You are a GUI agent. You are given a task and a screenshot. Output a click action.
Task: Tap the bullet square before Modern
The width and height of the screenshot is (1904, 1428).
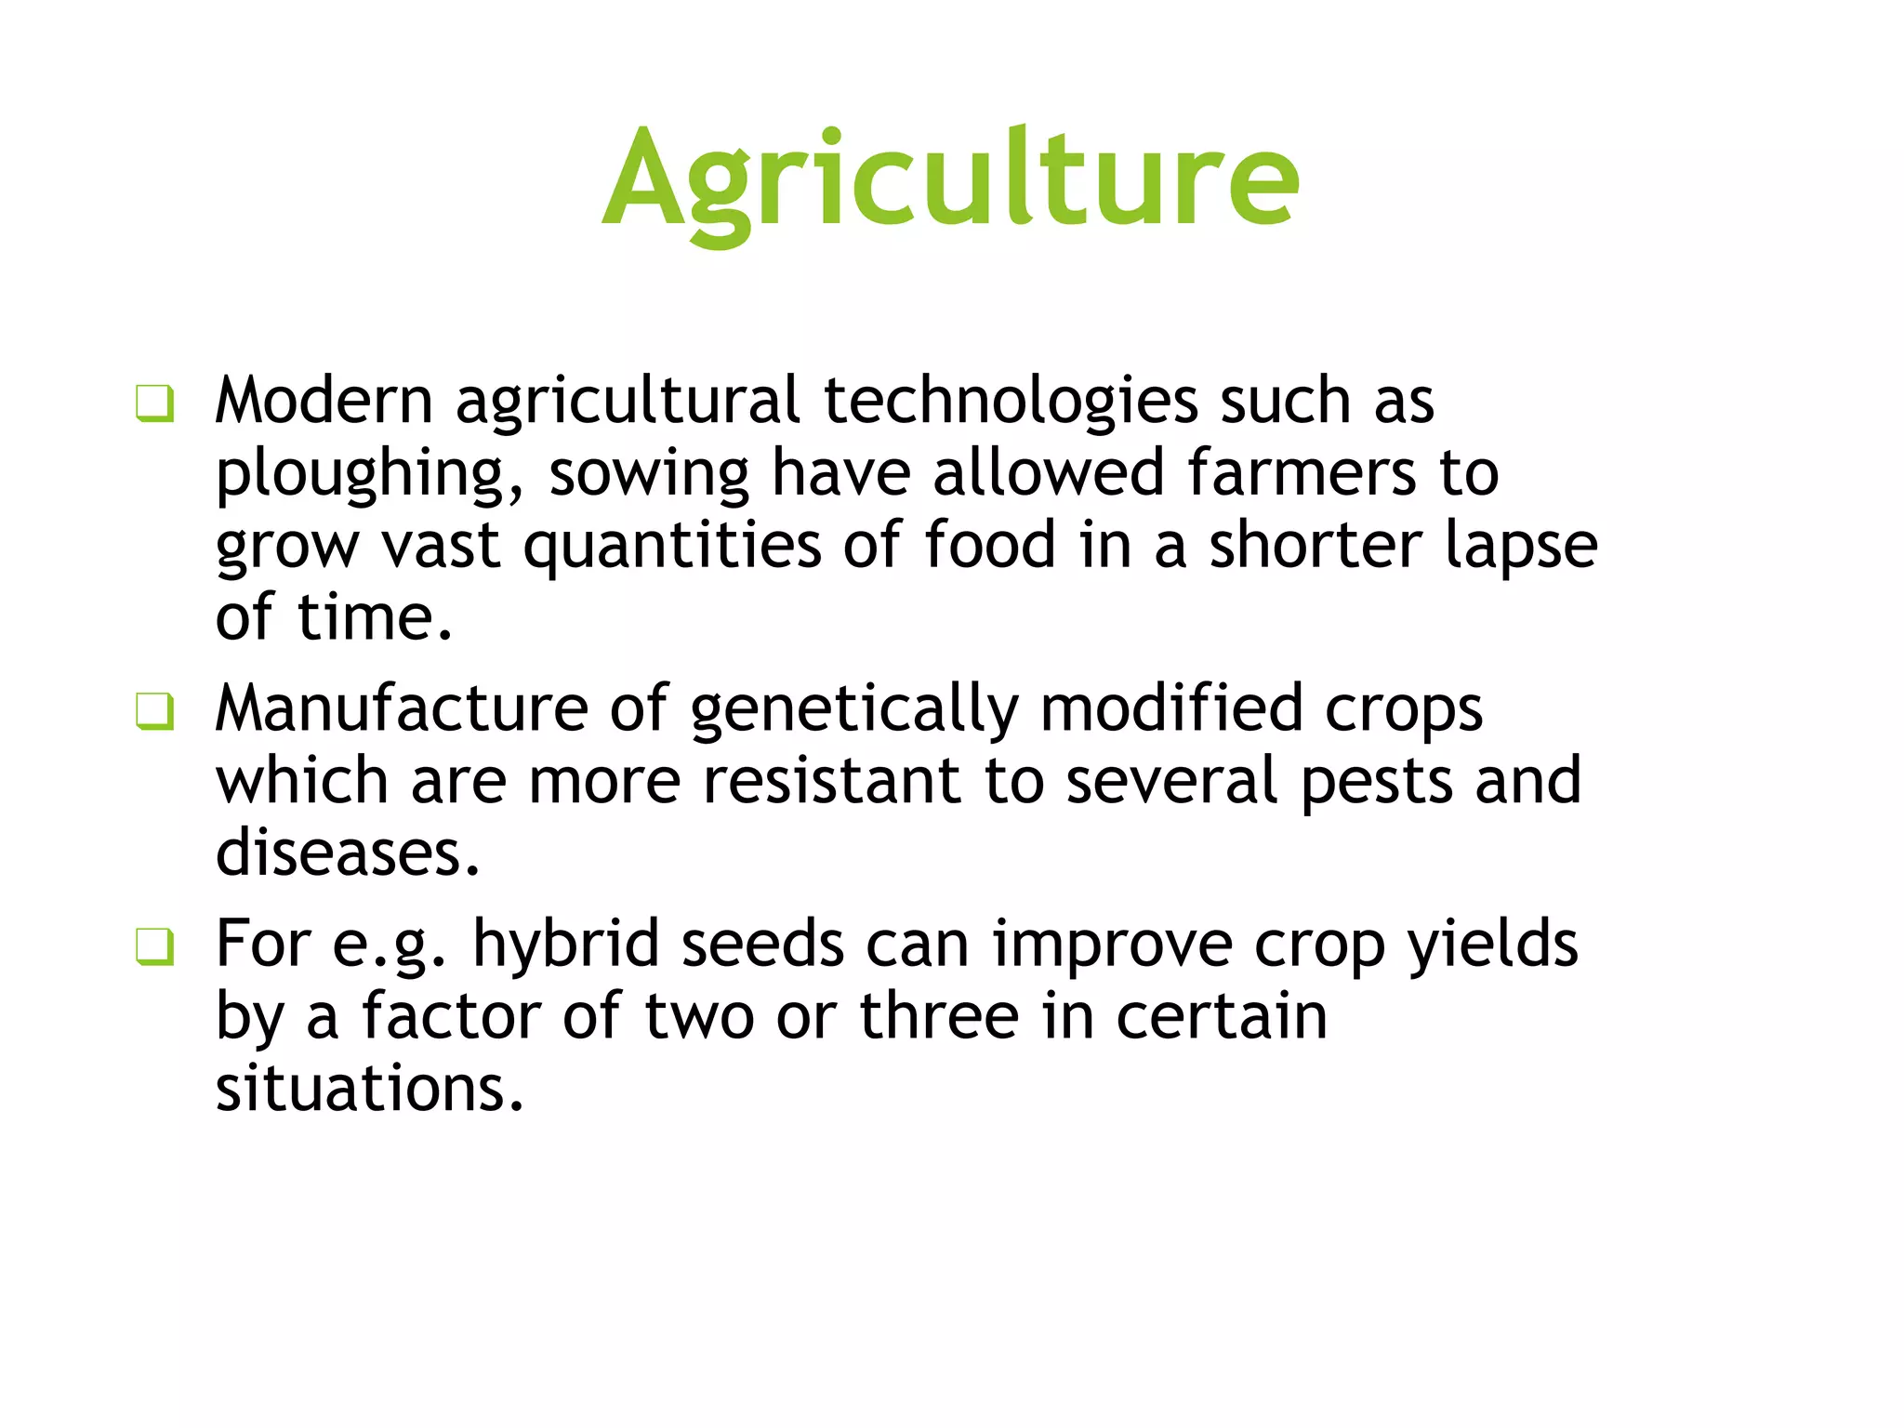click(154, 403)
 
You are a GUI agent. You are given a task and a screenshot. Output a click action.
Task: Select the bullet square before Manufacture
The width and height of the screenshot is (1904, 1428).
click(154, 712)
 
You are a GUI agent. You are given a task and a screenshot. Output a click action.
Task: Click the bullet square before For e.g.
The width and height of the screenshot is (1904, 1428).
click(154, 947)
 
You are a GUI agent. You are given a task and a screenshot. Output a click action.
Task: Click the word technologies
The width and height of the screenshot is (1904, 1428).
click(1011, 402)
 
